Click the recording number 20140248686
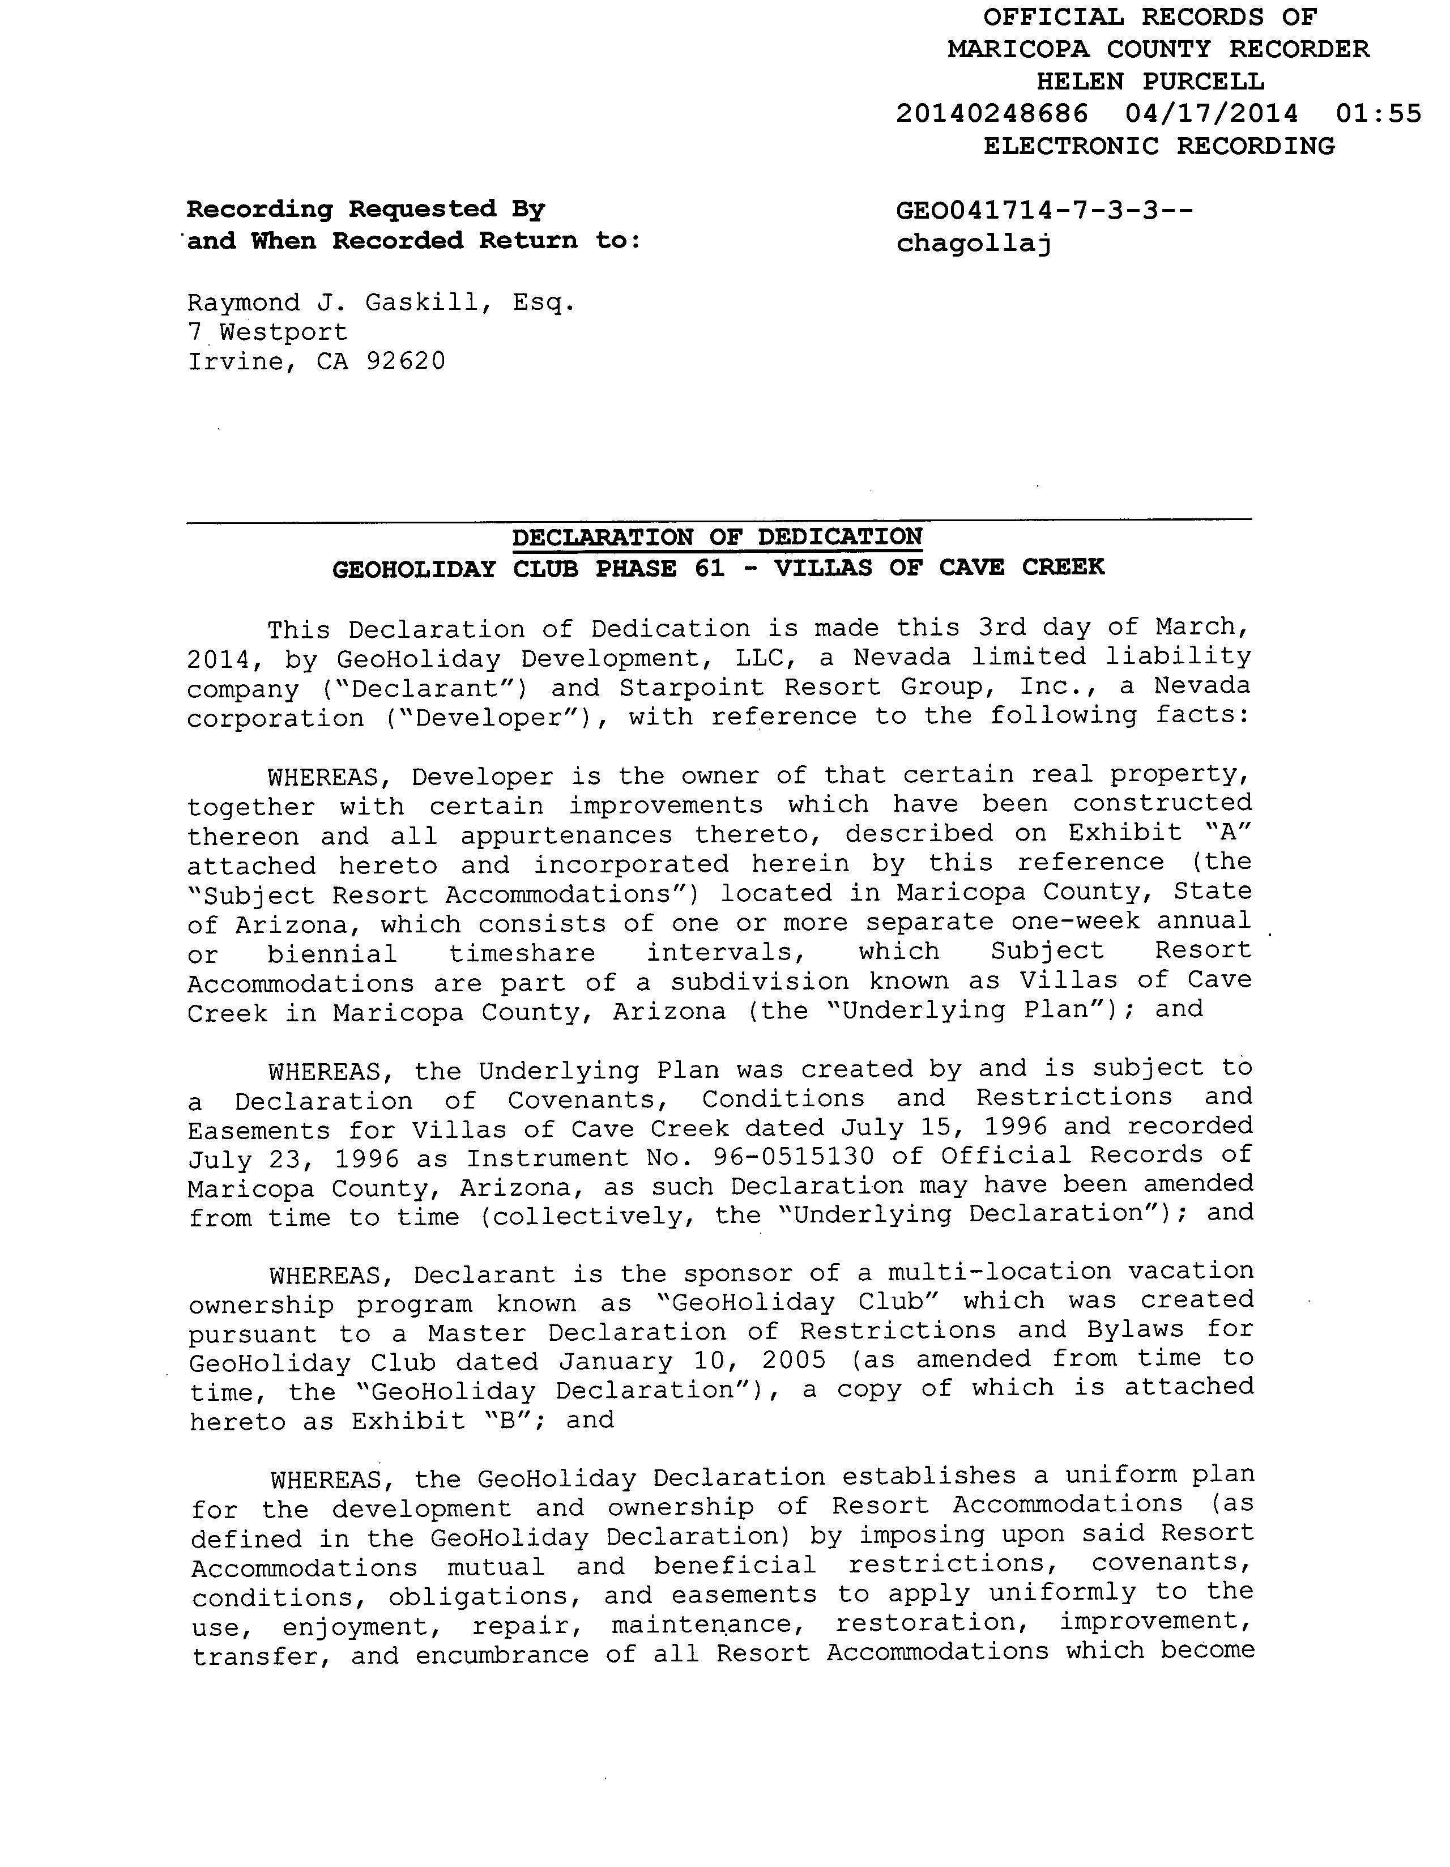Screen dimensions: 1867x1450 pyautogui.click(x=992, y=114)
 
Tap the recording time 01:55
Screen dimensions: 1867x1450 pyautogui.click(x=1378, y=114)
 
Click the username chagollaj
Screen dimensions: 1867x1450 pyautogui.click(x=974, y=245)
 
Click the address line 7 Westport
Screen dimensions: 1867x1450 pyautogui.click(x=267, y=332)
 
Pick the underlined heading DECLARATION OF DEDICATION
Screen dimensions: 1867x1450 pyautogui.click(x=717, y=537)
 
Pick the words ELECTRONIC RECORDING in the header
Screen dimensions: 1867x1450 pyautogui.click(x=1158, y=146)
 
